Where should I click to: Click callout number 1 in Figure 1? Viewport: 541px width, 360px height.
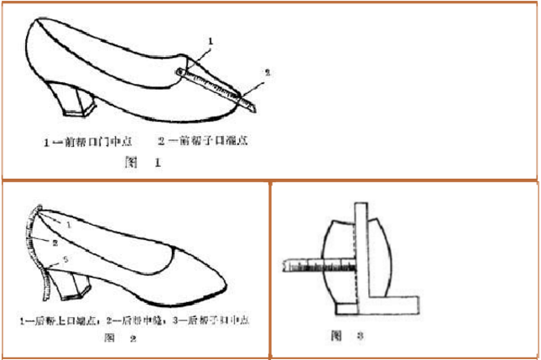(211, 40)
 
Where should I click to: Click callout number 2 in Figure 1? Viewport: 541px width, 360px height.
(268, 73)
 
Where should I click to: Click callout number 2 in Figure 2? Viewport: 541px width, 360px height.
(54, 242)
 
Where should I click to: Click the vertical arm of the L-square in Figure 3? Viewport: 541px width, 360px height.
(362, 252)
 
